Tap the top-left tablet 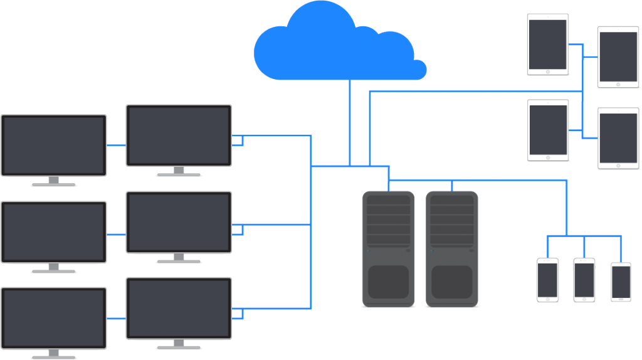pos(547,45)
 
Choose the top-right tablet pos(618,57)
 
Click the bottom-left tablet pos(547,130)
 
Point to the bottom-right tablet pos(618,139)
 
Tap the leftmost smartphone pos(547,280)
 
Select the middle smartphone pos(584,280)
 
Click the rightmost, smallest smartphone pos(621,282)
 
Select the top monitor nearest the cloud pos(179,135)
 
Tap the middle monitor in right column pos(179,222)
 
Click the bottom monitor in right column pos(179,309)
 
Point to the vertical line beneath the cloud pos(349,122)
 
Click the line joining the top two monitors pos(116,146)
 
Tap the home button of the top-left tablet pos(547,72)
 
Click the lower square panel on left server pos(388,282)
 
